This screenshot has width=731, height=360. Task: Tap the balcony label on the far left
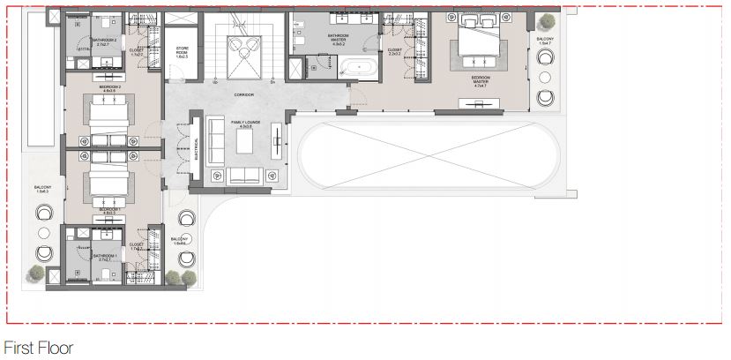[43, 188]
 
